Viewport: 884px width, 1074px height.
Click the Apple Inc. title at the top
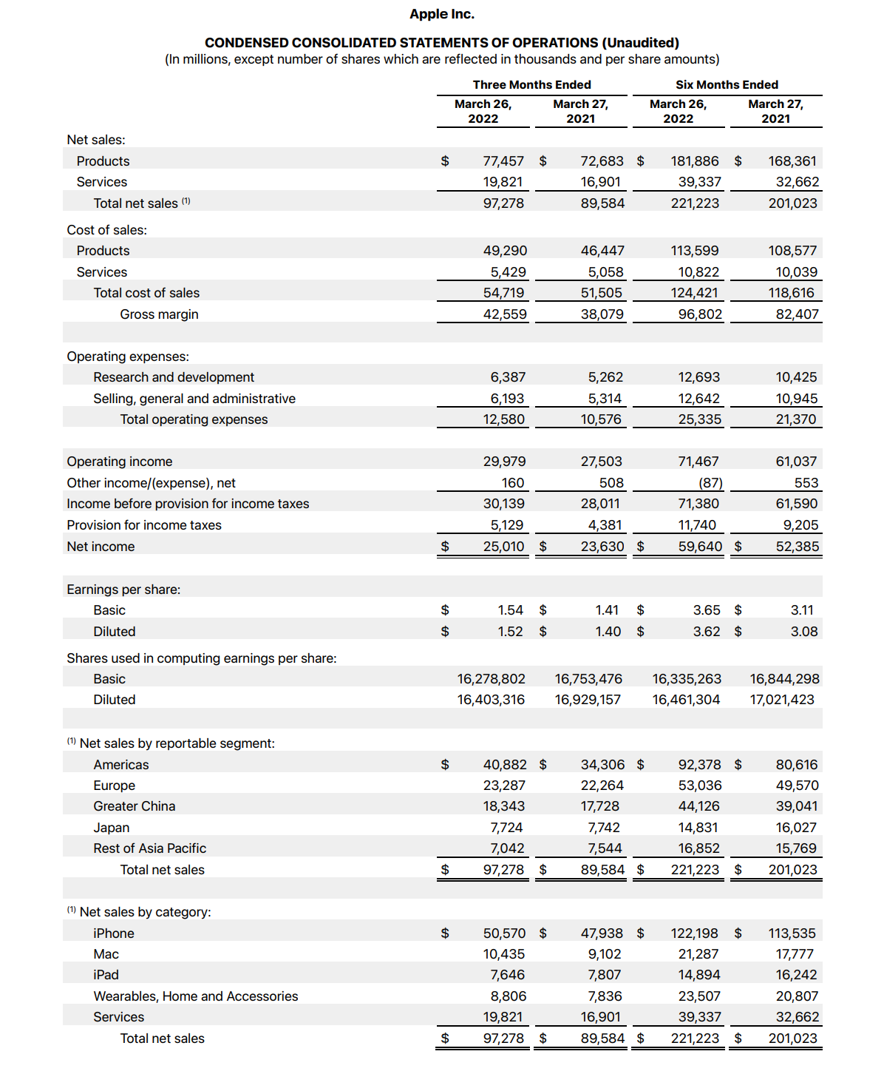tap(442, 14)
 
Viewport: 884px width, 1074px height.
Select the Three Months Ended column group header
tap(531, 85)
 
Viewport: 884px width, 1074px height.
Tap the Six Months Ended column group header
tap(727, 85)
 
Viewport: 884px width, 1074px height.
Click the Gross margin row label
tap(159, 314)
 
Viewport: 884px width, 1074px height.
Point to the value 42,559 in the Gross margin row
tap(505, 314)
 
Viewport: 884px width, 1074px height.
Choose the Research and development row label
tap(174, 377)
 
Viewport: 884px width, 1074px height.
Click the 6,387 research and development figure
tap(508, 377)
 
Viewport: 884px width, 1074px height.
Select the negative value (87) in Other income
tap(710, 483)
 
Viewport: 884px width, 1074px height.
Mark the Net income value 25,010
tap(503, 547)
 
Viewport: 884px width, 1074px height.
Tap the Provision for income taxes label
tap(144, 525)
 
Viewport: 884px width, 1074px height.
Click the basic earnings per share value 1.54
tap(510, 610)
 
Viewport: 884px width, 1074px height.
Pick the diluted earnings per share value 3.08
tap(804, 632)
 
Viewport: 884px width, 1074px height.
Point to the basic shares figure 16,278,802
tap(491, 679)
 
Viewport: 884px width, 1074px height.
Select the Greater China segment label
tap(135, 806)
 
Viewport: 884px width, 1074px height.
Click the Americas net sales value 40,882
tap(505, 765)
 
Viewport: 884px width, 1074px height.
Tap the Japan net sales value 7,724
tap(506, 828)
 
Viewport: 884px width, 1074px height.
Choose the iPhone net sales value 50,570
tap(504, 933)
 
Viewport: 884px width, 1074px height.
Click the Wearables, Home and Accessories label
tap(196, 996)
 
